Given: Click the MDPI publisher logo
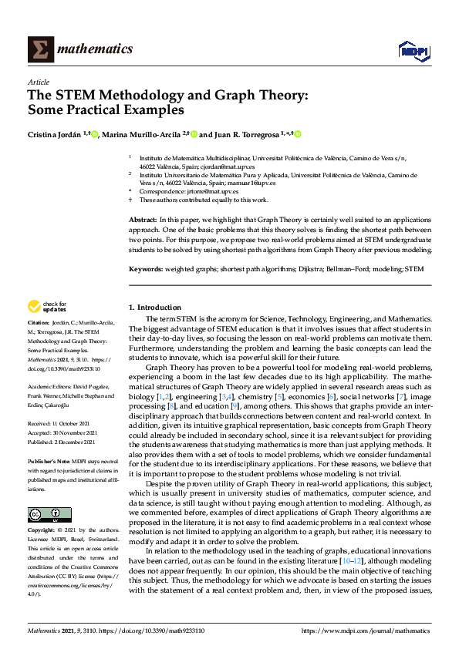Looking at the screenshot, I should click(x=413, y=50).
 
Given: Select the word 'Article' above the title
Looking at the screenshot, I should click(x=38, y=81).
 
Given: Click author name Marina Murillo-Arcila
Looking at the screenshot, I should click(x=143, y=134).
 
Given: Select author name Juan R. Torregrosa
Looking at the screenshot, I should click(x=246, y=134).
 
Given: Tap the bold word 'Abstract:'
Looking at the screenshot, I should click(x=143, y=220).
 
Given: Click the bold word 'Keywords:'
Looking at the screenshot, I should click(x=146, y=270).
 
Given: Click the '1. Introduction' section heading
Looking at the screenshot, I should click(x=155, y=307).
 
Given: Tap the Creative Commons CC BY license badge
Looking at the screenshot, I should click(x=45, y=493).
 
